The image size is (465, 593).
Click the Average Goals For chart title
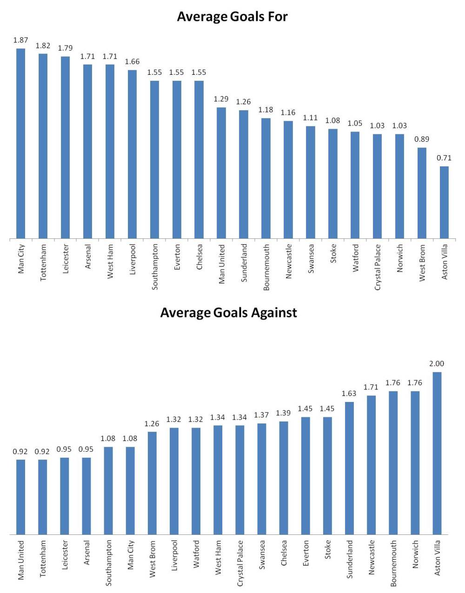pos(232,17)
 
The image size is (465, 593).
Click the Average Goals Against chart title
pos(228,312)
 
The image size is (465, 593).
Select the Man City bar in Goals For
pos(20,144)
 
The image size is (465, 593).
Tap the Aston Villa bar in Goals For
pos(444,203)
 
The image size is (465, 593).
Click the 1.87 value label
pos(20,40)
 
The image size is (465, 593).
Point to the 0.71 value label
pos(444,158)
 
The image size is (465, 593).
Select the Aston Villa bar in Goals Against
pos(437,453)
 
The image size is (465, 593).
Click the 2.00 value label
pos(437,364)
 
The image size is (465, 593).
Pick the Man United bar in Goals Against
pos(20,497)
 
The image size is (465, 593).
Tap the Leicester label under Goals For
pos(65,259)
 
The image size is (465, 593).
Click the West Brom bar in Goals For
pos(422,193)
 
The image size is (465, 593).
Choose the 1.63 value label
pos(349,394)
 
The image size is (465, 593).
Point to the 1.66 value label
pos(132,62)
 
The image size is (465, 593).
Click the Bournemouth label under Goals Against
pos(393,562)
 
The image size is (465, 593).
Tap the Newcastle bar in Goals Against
pos(371,465)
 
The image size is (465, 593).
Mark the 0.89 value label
pos(422,139)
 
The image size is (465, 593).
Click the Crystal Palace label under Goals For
pos(378,267)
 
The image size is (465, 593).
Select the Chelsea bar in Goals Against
pos(284,478)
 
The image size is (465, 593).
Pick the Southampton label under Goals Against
pos(108,562)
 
